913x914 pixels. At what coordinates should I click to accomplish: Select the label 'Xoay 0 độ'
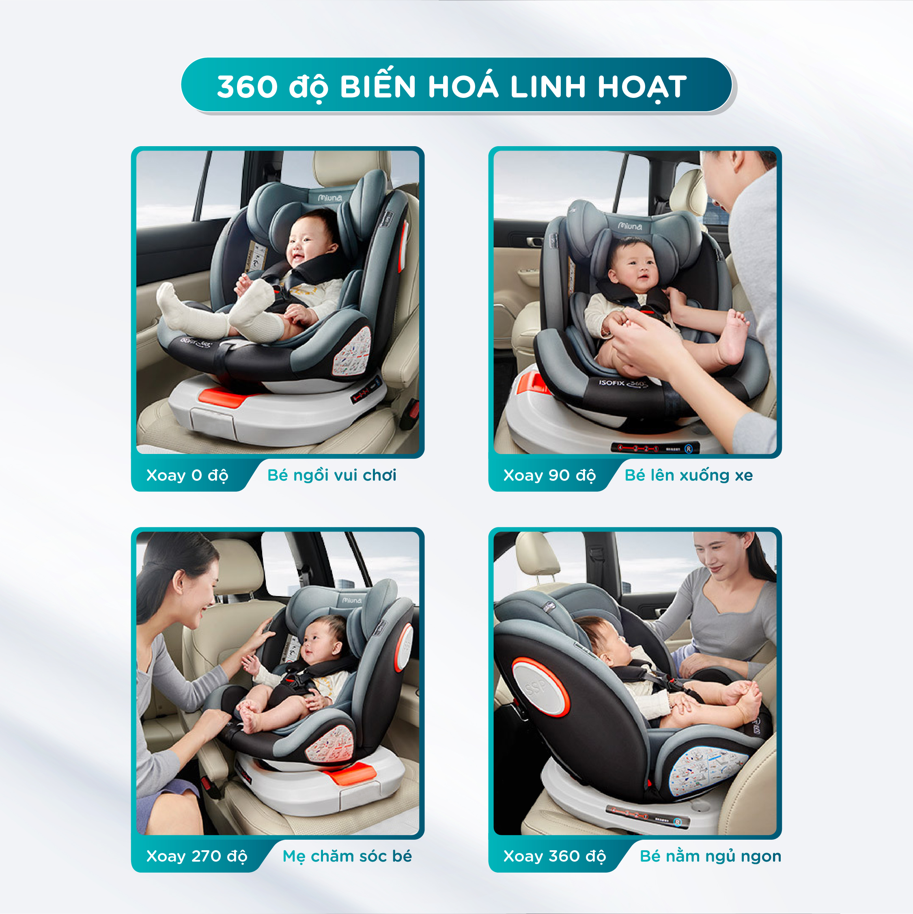187,475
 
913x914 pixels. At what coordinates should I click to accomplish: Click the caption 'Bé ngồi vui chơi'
332,475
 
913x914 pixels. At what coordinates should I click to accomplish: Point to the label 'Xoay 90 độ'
549,475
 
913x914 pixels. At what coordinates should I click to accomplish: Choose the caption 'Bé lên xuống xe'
689,475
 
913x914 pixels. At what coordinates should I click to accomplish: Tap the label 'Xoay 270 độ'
197,856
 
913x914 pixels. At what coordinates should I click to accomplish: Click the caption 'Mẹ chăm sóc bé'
347,856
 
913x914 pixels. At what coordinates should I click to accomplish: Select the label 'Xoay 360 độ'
554,856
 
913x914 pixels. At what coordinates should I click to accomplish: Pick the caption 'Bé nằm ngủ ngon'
710,856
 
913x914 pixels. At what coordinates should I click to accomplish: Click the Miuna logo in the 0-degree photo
329,198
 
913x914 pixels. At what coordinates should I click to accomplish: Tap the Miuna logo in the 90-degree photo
630,226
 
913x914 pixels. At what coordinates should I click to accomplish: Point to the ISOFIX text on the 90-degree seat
612,382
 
